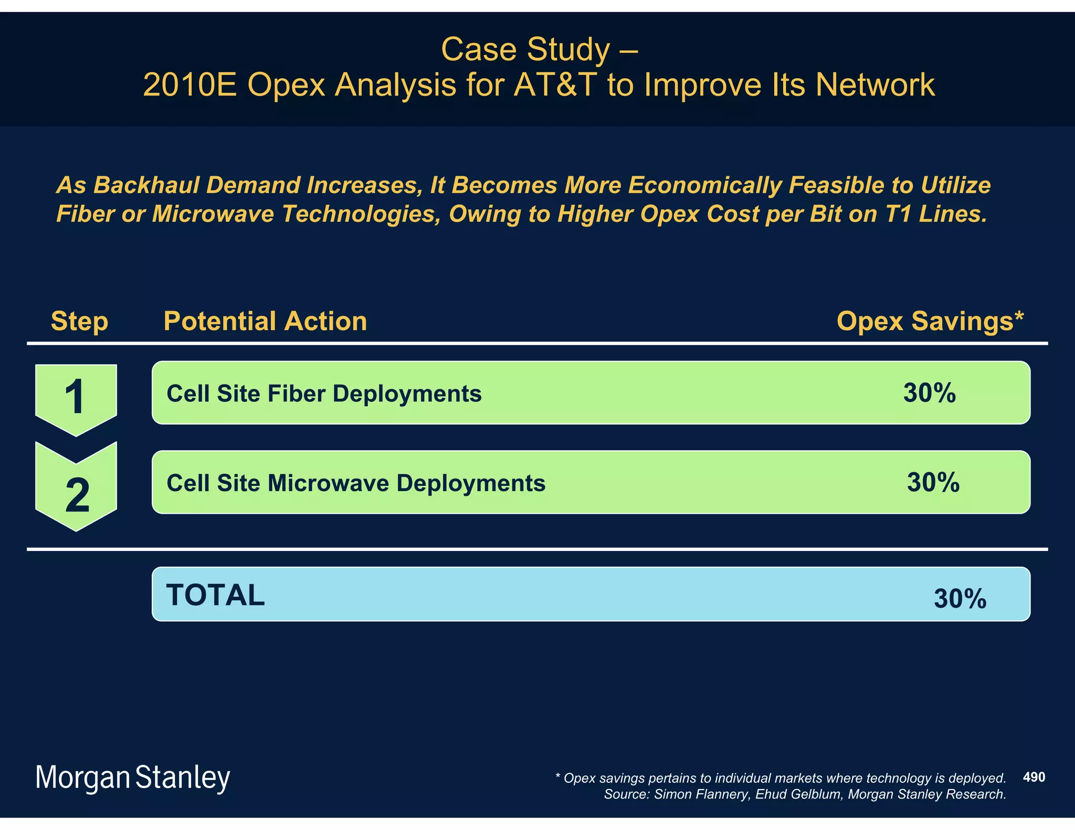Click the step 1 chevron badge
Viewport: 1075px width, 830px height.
[x=76, y=397]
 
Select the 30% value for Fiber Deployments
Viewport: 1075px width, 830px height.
[x=929, y=393]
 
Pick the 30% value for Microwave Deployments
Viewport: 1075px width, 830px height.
[x=933, y=482]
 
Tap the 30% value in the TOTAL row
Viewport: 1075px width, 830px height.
[x=960, y=599]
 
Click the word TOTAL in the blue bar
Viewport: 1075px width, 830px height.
[x=215, y=595]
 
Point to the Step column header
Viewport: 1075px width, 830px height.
[x=79, y=321]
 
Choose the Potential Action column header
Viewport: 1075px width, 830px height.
[x=265, y=321]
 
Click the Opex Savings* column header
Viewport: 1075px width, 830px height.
[x=930, y=321]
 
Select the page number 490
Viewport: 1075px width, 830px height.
[x=1034, y=777]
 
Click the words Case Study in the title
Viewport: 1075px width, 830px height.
[x=525, y=49]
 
